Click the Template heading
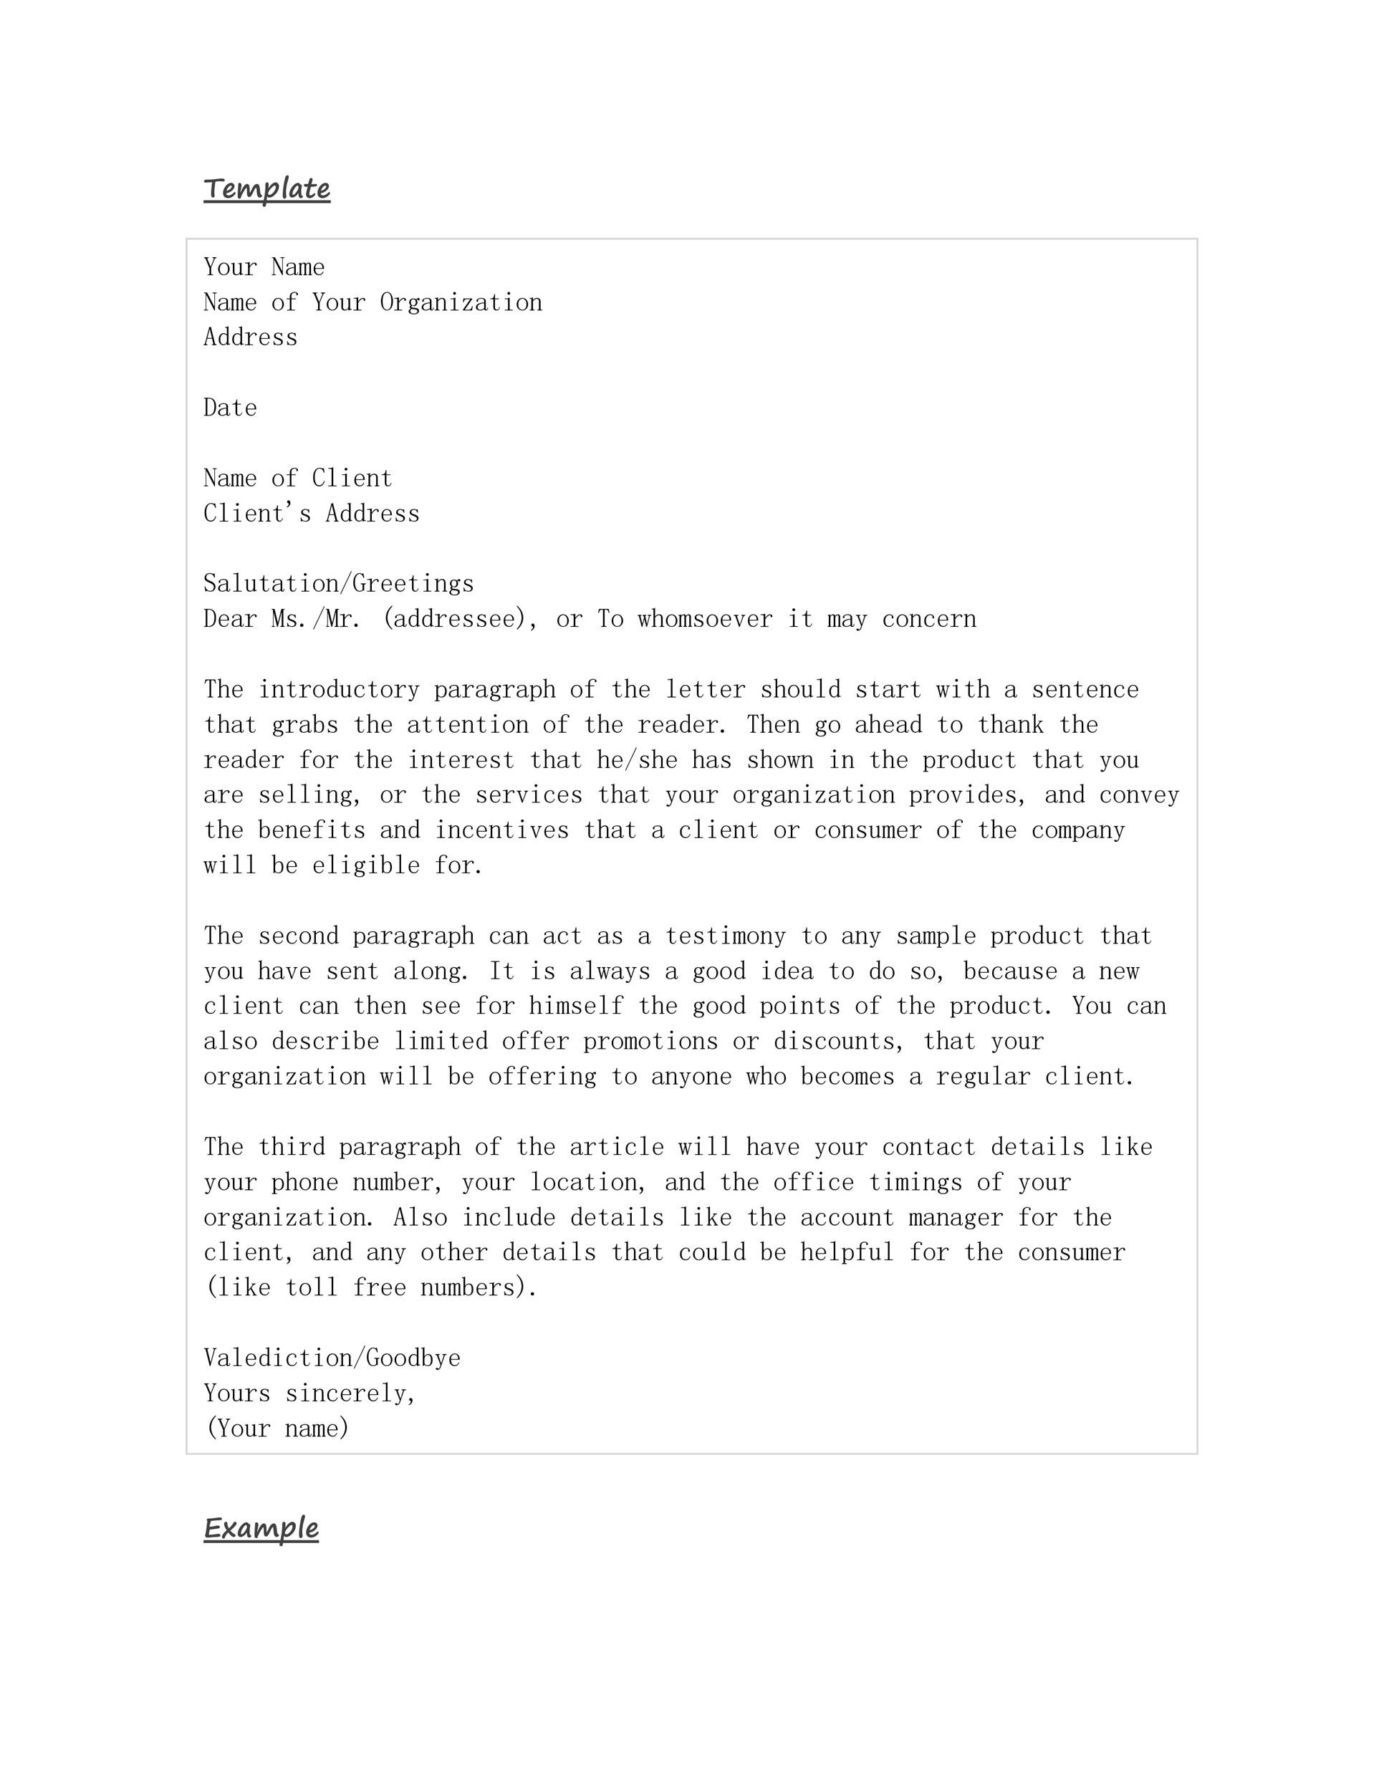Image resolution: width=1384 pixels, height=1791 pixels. [266, 188]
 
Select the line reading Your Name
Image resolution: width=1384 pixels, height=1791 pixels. [264, 267]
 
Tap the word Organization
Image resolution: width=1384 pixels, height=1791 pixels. [460, 302]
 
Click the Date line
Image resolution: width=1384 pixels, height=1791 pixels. [231, 408]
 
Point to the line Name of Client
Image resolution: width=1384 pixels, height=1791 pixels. [297, 478]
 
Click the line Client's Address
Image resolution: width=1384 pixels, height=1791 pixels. [311, 514]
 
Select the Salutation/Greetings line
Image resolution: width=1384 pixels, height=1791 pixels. [339, 584]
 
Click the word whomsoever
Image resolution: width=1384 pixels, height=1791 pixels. [704, 619]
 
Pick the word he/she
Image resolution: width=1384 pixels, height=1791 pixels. [636, 760]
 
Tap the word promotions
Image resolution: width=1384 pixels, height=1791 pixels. [650, 1042]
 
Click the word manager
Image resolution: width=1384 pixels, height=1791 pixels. [956, 1218]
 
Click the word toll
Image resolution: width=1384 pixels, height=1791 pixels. [311, 1288]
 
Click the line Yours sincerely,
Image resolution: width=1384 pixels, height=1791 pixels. [310, 1393]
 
